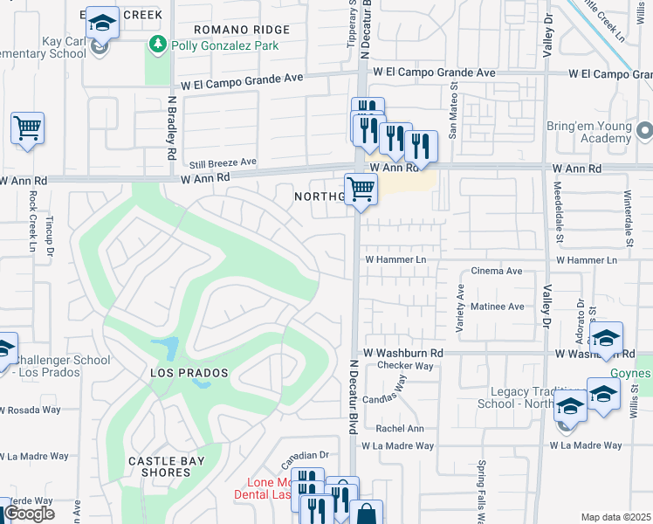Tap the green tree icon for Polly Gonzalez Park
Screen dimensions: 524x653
click(x=157, y=43)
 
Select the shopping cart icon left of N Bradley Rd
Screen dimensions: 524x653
click(x=27, y=128)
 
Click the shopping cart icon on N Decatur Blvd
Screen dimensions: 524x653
click(x=361, y=189)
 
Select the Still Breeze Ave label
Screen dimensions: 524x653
click(x=223, y=162)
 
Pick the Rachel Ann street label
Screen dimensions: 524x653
click(x=399, y=429)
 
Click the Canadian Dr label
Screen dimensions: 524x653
click(x=303, y=455)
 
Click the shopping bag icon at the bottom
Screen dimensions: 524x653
click(x=367, y=514)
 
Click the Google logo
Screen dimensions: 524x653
click(x=29, y=514)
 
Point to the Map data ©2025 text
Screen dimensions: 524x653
click(x=615, y=517)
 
